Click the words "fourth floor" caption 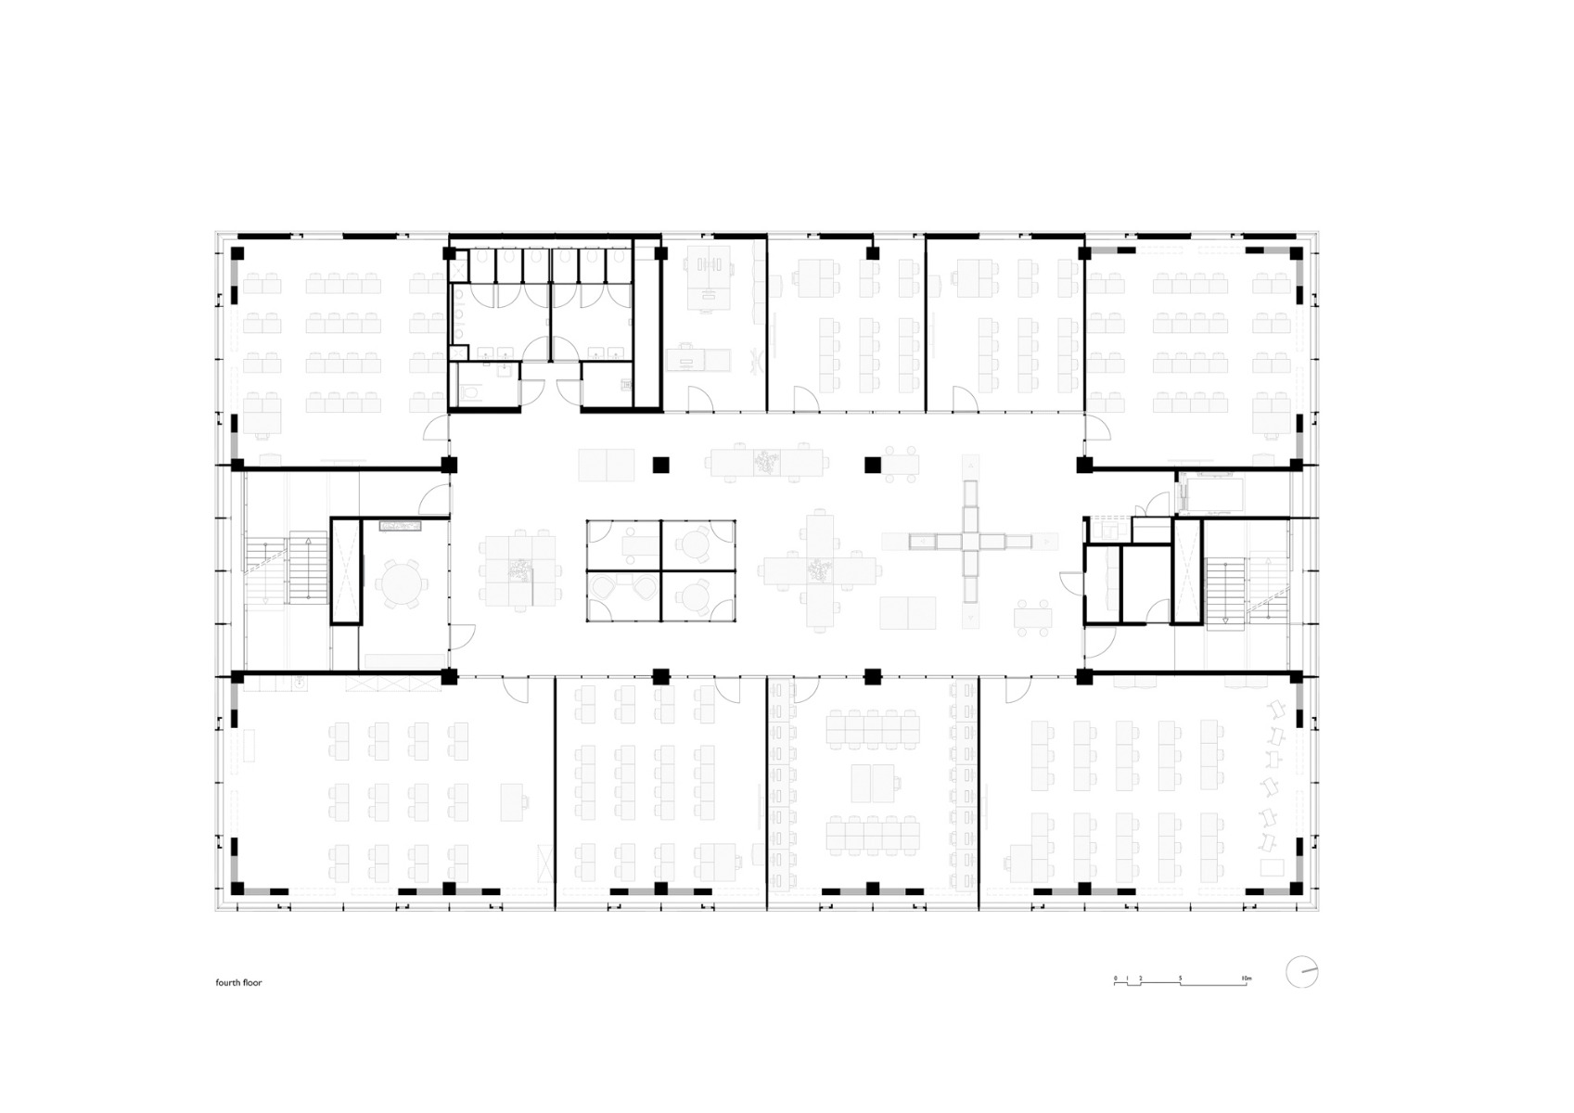[x=238, y=982]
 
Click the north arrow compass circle [x=1301, y=972]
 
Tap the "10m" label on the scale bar [x=1246, y=979]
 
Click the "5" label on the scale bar [x=1181, y=979]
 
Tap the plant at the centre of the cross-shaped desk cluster [x=818, y=569]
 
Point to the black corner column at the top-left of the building [x=237, y=252]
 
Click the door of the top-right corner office [x=1098, y=429]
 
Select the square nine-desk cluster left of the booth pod [x=518, y=570]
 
